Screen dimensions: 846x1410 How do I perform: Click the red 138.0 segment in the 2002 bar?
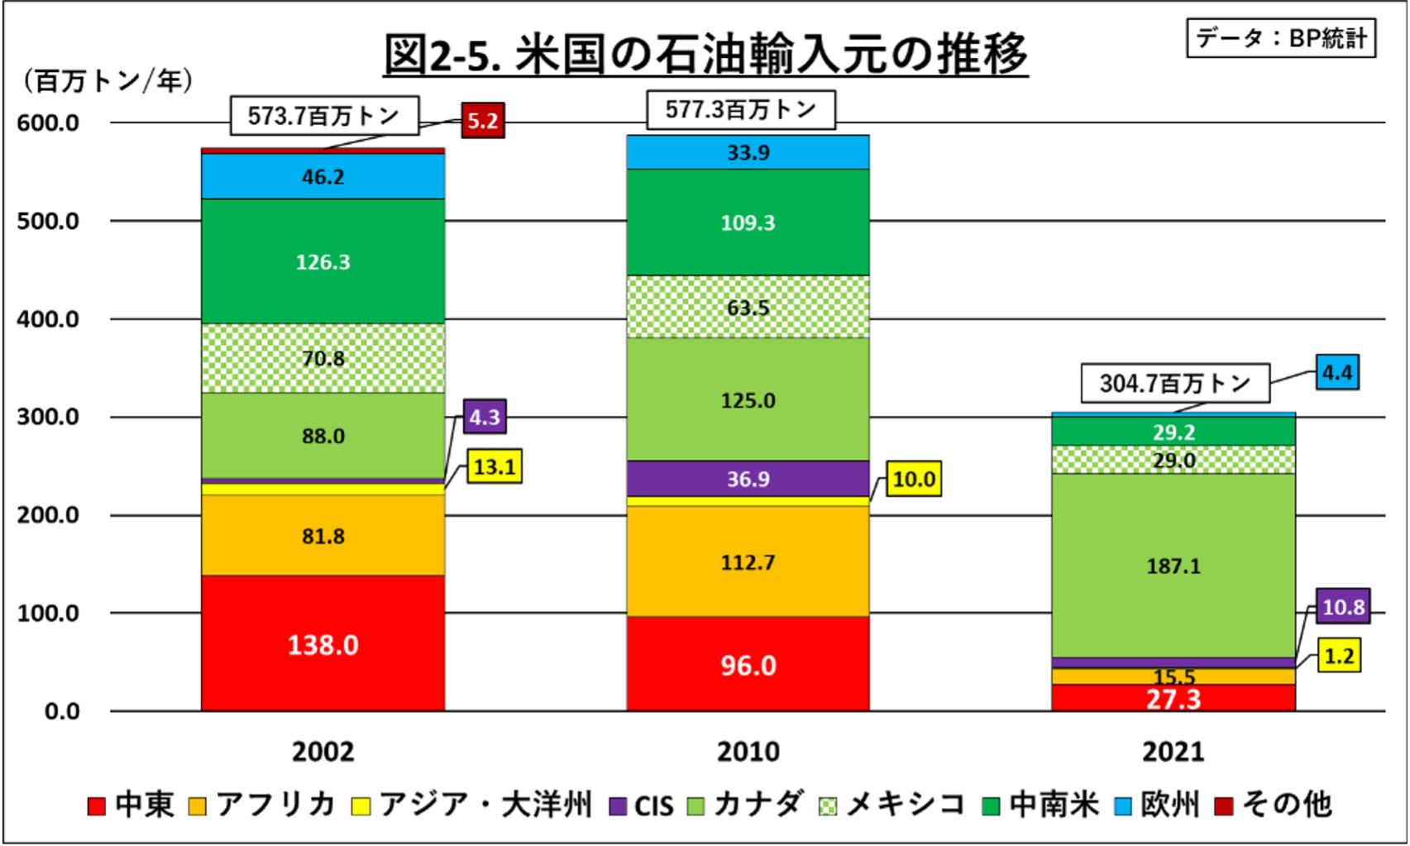323,643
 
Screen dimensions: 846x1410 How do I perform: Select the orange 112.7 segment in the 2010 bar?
748,562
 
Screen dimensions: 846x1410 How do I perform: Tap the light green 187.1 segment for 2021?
1173,566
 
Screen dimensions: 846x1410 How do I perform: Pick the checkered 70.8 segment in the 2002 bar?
323,358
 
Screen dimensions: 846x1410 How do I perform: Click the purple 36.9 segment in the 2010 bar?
748,478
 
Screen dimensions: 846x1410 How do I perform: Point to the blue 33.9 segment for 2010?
748,152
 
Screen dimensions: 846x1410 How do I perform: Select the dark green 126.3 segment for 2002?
323,261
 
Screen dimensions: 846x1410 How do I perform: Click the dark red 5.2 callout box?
483,121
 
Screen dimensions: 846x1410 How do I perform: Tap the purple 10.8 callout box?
1343,608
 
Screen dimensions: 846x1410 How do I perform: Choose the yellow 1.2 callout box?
1339,656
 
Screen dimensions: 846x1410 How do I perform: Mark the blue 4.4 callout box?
1337,373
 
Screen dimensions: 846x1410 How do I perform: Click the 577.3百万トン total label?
740,110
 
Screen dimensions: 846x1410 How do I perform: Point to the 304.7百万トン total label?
1174,383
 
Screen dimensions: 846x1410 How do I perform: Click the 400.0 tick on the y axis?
48,319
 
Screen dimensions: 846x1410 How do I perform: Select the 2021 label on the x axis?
1173,751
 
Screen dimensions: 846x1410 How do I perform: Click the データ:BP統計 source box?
1281,38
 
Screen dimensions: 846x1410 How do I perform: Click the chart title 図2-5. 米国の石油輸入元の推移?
705,55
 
